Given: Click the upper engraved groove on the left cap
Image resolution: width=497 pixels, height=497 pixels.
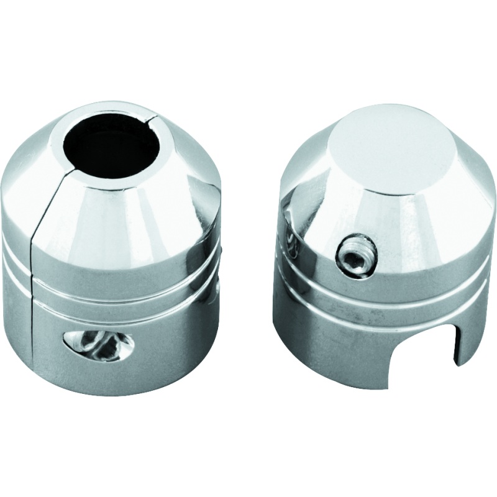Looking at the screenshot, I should tap(124, 291).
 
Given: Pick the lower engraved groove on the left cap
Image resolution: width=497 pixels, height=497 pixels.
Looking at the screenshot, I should tap(124, 315).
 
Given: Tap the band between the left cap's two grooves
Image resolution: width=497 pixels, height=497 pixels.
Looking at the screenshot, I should tap(124, 303).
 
